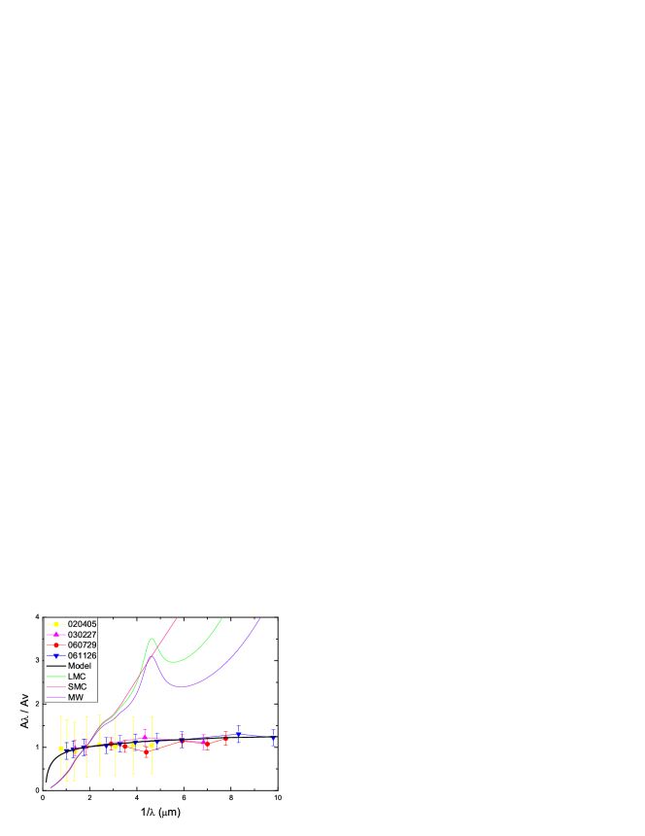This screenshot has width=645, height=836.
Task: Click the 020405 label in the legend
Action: [x=82, y=624]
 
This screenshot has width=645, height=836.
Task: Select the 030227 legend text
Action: [x=82, y=635]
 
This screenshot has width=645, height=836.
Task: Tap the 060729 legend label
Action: [x=82, y=645]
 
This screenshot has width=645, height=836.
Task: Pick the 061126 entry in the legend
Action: [x=82, y=656]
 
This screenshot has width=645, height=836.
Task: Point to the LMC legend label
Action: [x=77, y=677]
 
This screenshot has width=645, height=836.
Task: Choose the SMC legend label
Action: [x=77, y=687]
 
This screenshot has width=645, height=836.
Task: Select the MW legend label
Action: [x=75, y=697]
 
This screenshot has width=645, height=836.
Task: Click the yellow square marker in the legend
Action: [x=56, y=624]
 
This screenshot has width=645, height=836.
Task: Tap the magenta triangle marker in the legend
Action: [x=56, y=635]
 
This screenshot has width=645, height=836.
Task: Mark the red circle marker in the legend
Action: [x=56, y=645]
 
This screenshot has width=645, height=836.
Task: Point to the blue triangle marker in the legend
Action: [x=56, y=656]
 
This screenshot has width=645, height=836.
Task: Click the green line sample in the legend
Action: [x=56, y=677]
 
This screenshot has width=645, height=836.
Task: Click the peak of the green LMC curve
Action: [x=152, y=639]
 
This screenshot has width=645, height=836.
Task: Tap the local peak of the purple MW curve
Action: [x=153, y=656]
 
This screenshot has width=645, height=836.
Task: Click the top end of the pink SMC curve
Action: [x=177, y=617]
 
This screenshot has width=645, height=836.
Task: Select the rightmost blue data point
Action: [x=273, y=737]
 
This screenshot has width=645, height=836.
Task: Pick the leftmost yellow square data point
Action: [x=61, y=749]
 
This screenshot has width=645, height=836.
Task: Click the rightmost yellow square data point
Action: [x=152, y=746]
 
